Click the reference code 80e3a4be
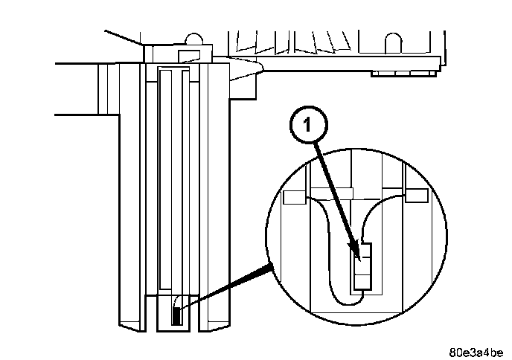(x=476, y=350)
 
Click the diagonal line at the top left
(x=122, y=36)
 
